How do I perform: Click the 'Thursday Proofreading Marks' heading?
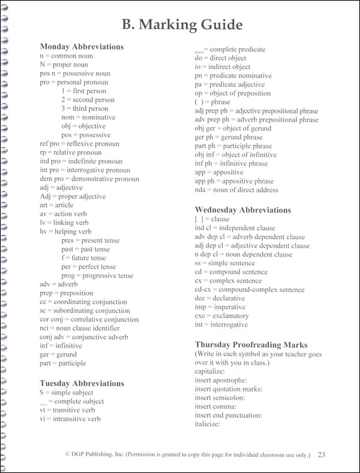(251, 345)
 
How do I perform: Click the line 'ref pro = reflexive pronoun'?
(79, 144)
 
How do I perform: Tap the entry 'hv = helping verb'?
(65, 231)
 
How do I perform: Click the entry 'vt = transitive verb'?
(68, 410)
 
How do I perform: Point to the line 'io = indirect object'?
(223, 67)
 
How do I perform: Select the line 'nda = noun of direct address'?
(236, 190)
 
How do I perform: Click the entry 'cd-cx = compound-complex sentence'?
(250, 289)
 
